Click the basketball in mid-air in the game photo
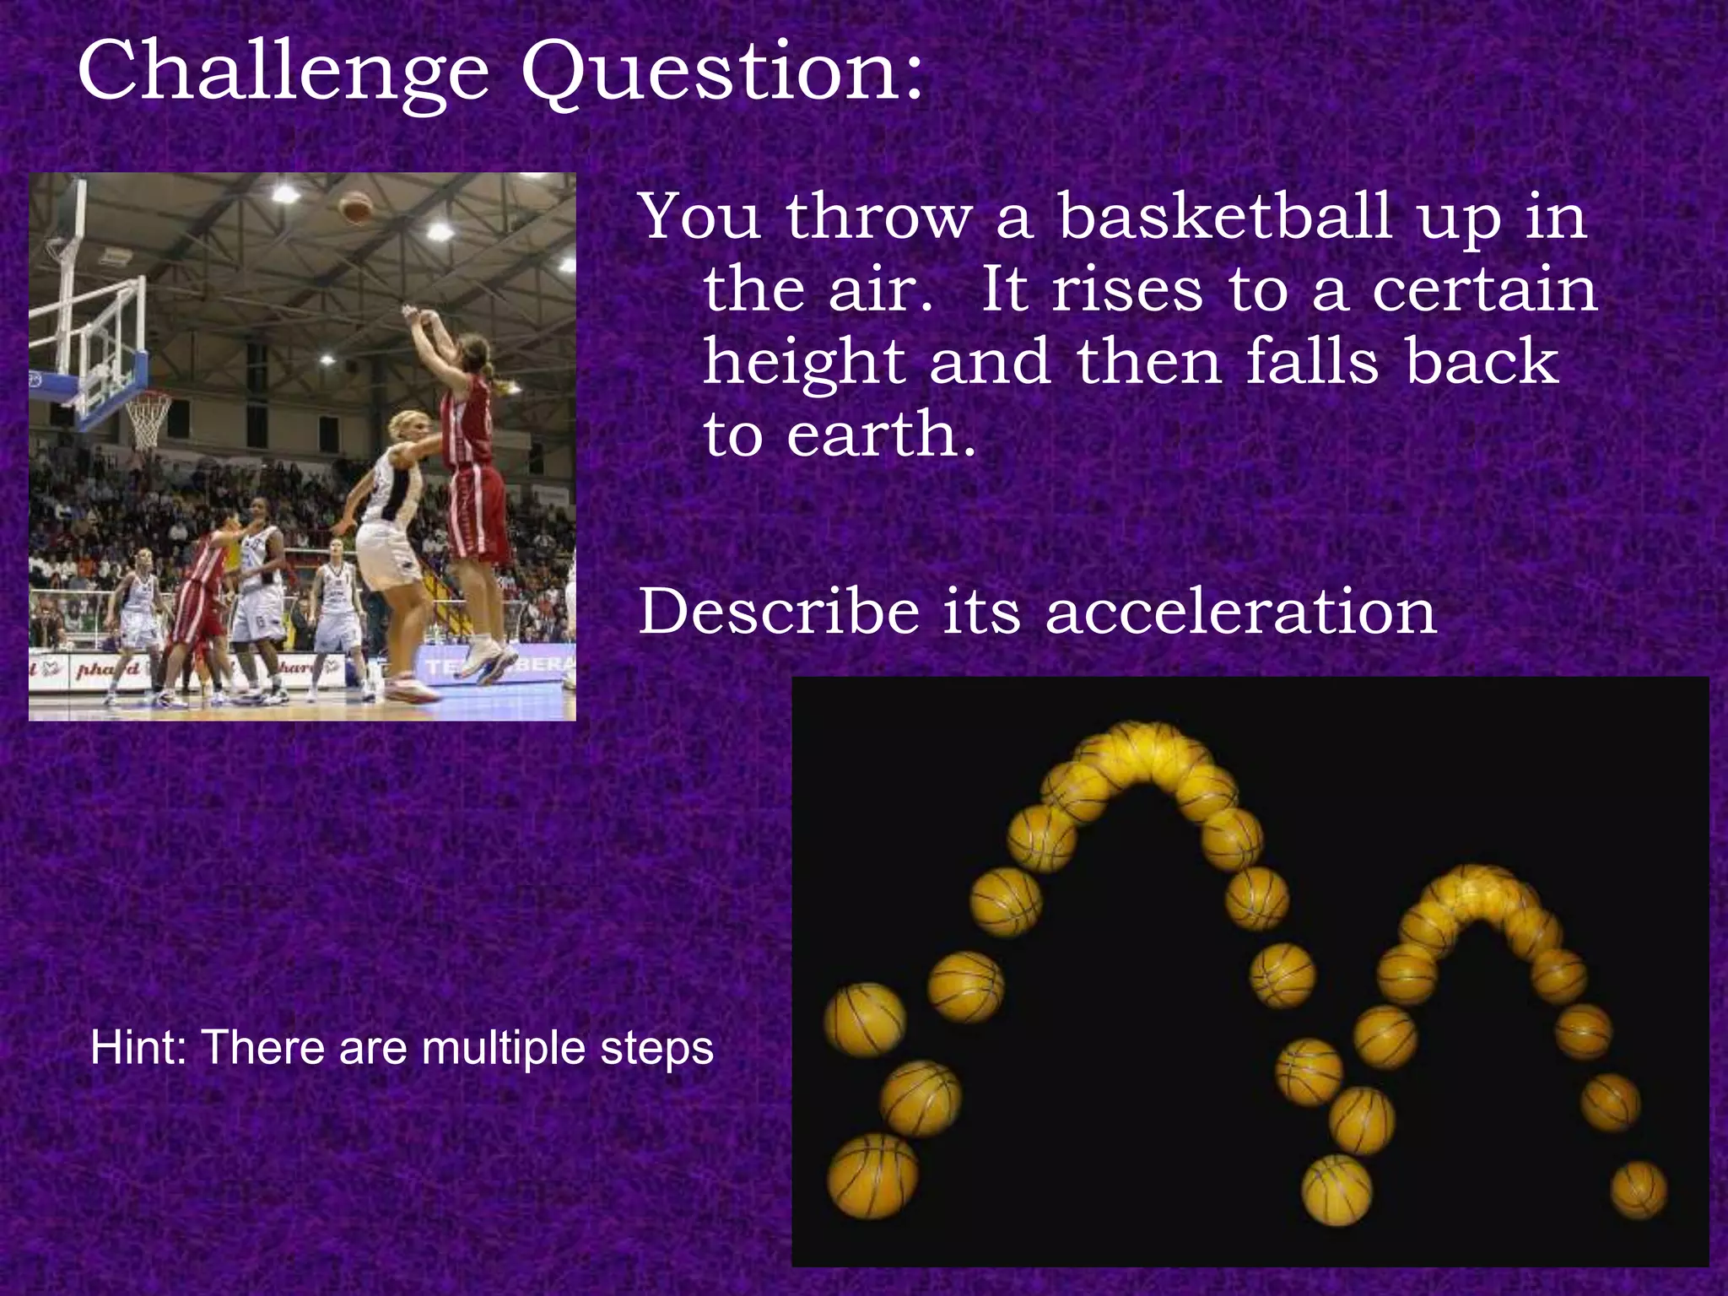[355, 207]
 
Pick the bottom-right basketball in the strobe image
[1639, 1190]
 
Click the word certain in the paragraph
[1485, 290]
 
